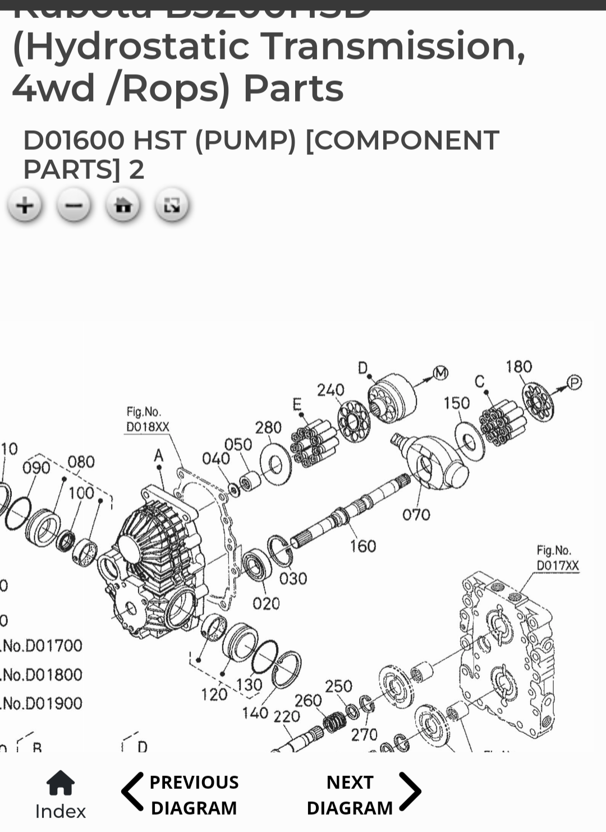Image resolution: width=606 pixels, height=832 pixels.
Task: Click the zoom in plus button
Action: [x=25, y=206]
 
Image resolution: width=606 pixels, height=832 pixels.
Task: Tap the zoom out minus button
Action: [x=74, y=206]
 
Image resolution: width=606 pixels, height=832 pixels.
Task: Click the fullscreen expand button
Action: [x=172, y=206]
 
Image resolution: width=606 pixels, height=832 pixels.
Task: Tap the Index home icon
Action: [x=60, y=783]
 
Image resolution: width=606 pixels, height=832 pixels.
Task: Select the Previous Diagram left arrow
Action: [x=133, y=792]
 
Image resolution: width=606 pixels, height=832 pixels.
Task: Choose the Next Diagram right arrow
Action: [x=410, y=792]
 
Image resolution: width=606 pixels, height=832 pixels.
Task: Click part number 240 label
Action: [x=330, y=390]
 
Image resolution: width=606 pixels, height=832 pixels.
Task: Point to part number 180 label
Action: [x=518, y=367]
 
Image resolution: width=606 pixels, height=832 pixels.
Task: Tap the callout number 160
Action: [x=363, y=546]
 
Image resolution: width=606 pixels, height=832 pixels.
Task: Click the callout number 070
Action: [x=416, y=515]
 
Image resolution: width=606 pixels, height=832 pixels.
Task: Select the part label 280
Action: [x=268, y=428]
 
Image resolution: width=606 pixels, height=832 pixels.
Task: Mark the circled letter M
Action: [x=441, y=372]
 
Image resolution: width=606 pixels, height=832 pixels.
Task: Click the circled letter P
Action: [x=574, y=383]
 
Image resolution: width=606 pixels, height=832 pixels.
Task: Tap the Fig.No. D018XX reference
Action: [x=147, y=420]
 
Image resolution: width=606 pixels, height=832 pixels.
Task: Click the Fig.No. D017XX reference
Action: [x=557, y=558]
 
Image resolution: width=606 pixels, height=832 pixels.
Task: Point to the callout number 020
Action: [x=266, y=603]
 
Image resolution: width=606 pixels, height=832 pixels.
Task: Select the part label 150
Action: [x=456, y=403]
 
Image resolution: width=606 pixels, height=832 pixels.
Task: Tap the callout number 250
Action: [x=338, y=686]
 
